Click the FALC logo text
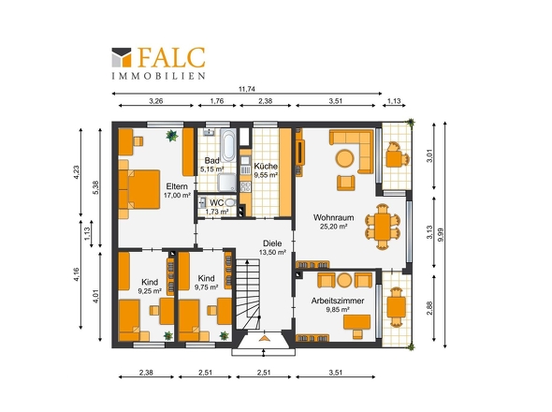171,57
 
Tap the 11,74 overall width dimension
246,89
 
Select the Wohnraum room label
333,217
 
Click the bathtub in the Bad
228,145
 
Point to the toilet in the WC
230,202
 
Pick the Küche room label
266,166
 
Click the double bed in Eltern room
139,189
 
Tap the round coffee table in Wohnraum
344,158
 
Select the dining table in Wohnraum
383,227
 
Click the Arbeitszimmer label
337,301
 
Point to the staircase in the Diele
248,294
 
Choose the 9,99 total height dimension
441,235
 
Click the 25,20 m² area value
333,227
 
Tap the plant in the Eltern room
172,136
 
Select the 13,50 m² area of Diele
272,252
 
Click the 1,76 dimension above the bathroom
217,101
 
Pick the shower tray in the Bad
226,183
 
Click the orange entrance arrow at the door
264,338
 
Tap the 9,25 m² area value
150,291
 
